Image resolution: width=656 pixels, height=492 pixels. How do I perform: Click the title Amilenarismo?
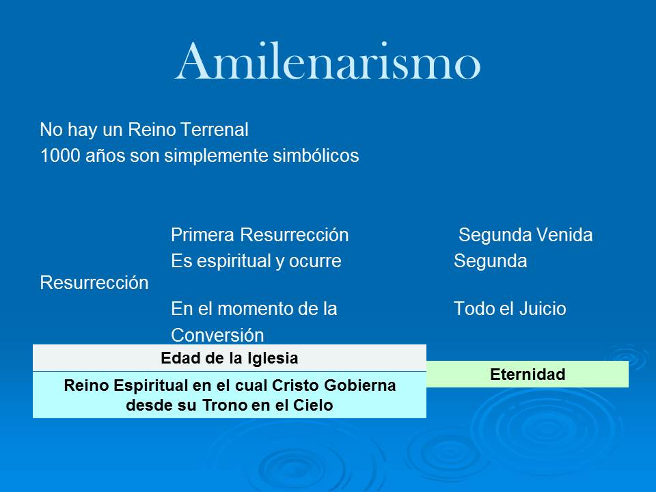pos(328,61)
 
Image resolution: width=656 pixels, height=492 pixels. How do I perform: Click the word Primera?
pos(203,236)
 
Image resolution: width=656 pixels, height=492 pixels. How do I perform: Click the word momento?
pos(256,309)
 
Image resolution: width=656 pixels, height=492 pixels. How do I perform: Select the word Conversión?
pos(217,336)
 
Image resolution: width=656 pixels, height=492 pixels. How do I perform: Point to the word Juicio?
pos(542,309)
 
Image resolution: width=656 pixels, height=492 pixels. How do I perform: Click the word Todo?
pos(469,309)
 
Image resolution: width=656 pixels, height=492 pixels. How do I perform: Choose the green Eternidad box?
pos(527,374)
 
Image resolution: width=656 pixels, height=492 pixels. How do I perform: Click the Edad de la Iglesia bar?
pos(229,358)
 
